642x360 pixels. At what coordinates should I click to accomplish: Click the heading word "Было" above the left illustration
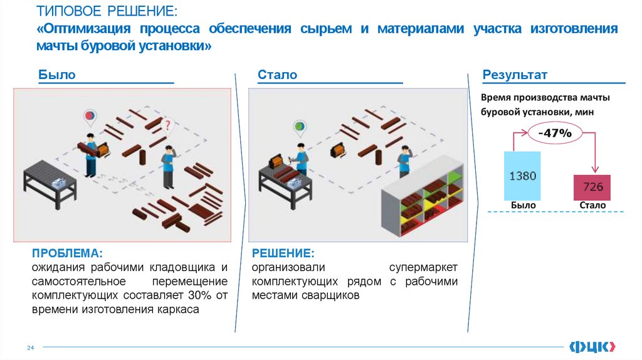click(57, 75)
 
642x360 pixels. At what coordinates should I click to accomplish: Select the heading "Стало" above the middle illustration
click(277, 75)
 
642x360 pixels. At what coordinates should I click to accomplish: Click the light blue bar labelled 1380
click(522, 176)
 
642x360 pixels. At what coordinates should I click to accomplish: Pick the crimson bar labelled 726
click(592, 187)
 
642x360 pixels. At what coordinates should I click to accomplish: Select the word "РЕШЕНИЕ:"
click(282, 253)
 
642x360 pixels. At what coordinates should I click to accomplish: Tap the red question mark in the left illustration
click(167, 127)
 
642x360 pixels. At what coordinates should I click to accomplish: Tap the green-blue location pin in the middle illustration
click(300, 127)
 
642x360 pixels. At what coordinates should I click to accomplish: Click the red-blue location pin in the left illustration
click(90, 116)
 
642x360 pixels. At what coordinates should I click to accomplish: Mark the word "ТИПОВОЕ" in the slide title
click(70, 12)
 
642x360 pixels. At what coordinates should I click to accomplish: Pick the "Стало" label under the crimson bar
click(592, 205)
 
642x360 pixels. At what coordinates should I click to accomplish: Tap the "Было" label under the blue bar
click(523, 205)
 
